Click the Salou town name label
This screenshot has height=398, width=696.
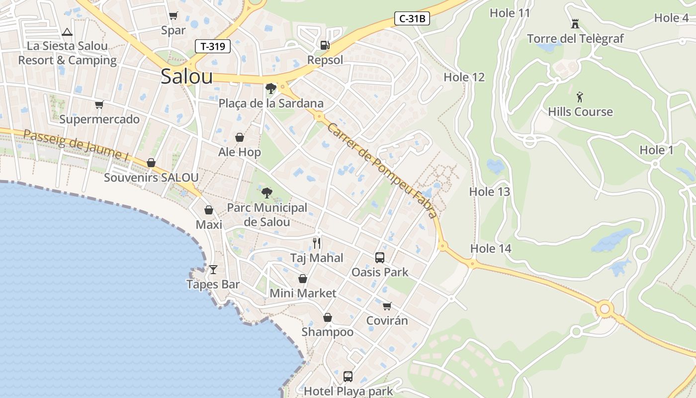186,77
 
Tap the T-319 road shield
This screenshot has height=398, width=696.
213,47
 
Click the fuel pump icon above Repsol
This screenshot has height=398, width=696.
325,45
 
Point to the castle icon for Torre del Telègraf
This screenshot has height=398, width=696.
575,23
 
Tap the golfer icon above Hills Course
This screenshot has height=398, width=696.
580,97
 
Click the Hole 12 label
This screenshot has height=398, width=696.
464,77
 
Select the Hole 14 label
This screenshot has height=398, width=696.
491,248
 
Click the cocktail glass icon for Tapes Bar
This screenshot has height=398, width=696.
213,270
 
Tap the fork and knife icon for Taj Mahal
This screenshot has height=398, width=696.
317,243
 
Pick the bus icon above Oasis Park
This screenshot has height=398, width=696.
380,258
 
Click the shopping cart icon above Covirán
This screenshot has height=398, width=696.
387,306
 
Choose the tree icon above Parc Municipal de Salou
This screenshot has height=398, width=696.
267,193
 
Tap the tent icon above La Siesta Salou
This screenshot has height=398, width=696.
67,32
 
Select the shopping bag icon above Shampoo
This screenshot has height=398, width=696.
328,317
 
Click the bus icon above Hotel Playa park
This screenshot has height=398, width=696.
348,377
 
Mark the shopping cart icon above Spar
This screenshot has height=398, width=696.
173,16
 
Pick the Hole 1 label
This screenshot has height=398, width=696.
656,150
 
